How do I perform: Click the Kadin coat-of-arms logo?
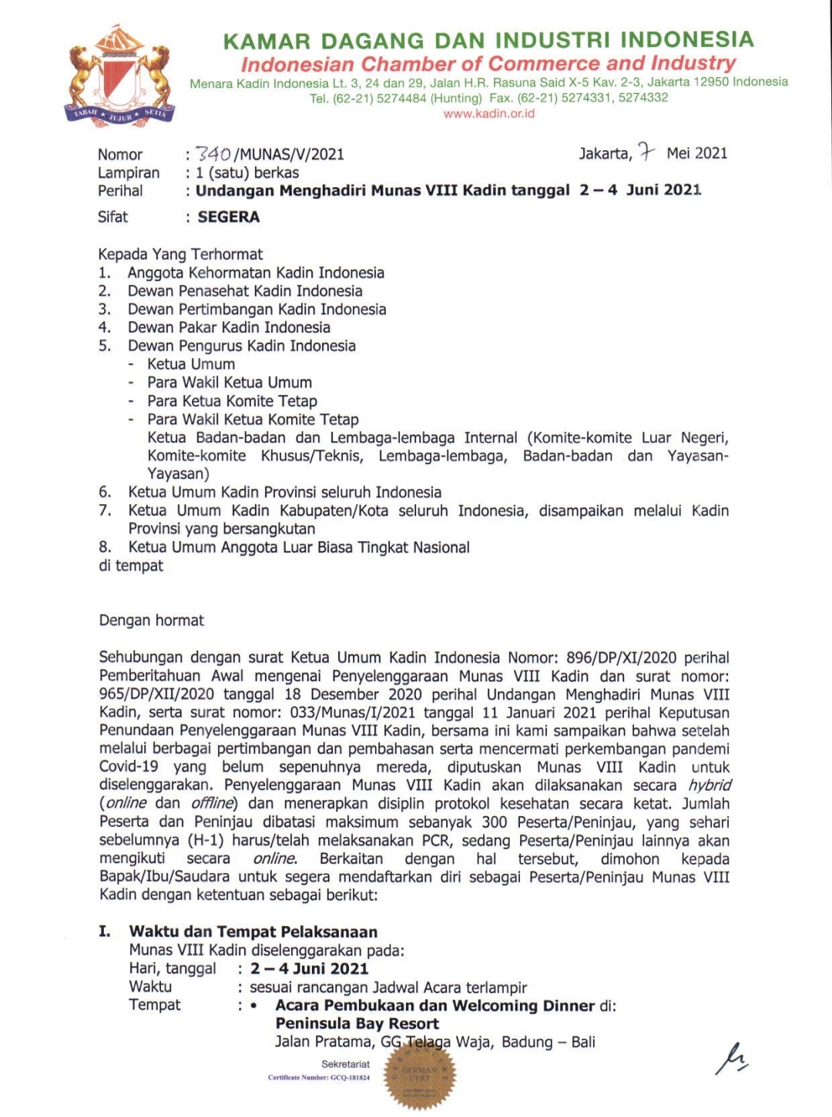(x=119, y=75)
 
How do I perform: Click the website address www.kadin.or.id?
(x=488, y=114)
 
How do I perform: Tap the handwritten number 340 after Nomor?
(x=213, y=154)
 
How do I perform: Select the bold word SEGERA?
(x=229, y=217)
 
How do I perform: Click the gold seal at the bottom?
(x=419, y=1074)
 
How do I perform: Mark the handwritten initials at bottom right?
(x=731, y=1059)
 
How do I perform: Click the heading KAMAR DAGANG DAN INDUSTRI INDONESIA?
(x=488, y=40)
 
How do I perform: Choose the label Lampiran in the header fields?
(x=129, y=173)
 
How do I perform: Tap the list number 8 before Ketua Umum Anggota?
(x=105, y=547)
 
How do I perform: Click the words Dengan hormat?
(x=152, y=620)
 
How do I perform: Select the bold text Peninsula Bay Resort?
(x=357, y=1024)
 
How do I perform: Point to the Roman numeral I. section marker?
(x=105, y=931)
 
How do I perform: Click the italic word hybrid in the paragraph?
(x=709, y=786)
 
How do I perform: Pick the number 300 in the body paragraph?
(x=495, y=822)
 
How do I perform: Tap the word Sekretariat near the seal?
(x=346, y=1064)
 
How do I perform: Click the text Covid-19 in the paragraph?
(x=129, y=768)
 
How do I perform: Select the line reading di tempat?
(x=131, y=566)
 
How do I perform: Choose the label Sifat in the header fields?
(x=113, y=217)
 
